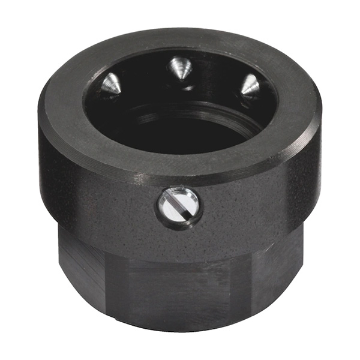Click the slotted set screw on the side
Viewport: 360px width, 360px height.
click(179, 206)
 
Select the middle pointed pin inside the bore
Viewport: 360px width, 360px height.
click(179, 68)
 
